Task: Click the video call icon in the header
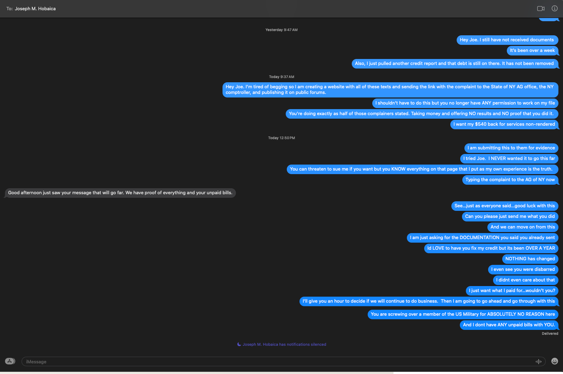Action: [x=540, y=8]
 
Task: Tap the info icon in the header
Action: [x=555, y=8]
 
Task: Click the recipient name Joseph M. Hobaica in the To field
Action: [x=35, y=9]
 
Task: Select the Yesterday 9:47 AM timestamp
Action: [x=281, y=30]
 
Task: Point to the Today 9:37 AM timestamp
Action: [x=281, y=77]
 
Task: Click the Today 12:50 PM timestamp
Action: [x=281, y=138]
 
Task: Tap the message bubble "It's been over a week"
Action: [x=532, y=51]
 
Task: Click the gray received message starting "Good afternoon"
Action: [x=120, y=193]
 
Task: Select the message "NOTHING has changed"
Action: [x=530, y=259]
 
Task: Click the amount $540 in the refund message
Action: [x=481, y=124]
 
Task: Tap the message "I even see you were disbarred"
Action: [x=523, y=269]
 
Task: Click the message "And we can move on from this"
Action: [x=522, y=227]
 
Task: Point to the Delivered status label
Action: [x=550, y=334]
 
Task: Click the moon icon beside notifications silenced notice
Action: [x=239, y=344]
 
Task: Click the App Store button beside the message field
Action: [x=10, y=361]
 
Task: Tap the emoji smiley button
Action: [x=555, y=361]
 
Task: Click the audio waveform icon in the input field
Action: [x=539, y=361]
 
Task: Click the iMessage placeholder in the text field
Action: [x=36, y=362]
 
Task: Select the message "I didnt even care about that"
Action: [x=525, y=280]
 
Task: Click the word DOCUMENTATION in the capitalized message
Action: [x=479, y=238]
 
